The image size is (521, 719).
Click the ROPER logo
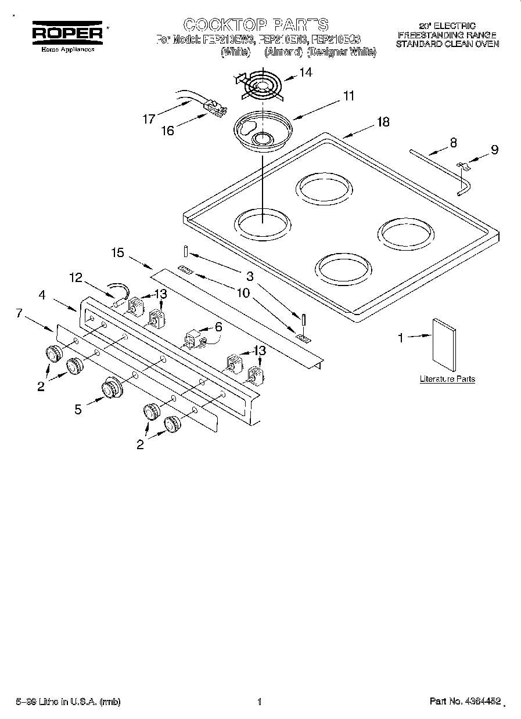pyautogui.click(x=67, y=32)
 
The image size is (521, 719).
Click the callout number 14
pyautogui.click(x=306, y=72)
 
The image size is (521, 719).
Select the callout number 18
pyautogui.click(x=383, y=122)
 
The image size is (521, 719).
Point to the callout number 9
pyautogui.click(x=494, y=150)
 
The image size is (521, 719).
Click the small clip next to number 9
pyautogui.click(x=463, y=167)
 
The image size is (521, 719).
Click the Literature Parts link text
pyautogui.click(x=447, y=379)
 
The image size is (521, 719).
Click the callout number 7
pyautogui.click(x=19, y=314)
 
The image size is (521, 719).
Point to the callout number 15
pyautogui.click(x=118, y=252)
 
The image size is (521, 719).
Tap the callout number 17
pyautogui.click(x=149, y=119)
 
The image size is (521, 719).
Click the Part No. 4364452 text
pyautogui.click(x=465, y=702)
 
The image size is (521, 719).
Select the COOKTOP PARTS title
pyautogui.click(x=256, y=25)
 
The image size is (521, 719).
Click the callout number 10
pyautogui.click(x=243, y=292)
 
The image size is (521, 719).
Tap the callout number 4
pyautogui.click(x=42, y=295)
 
